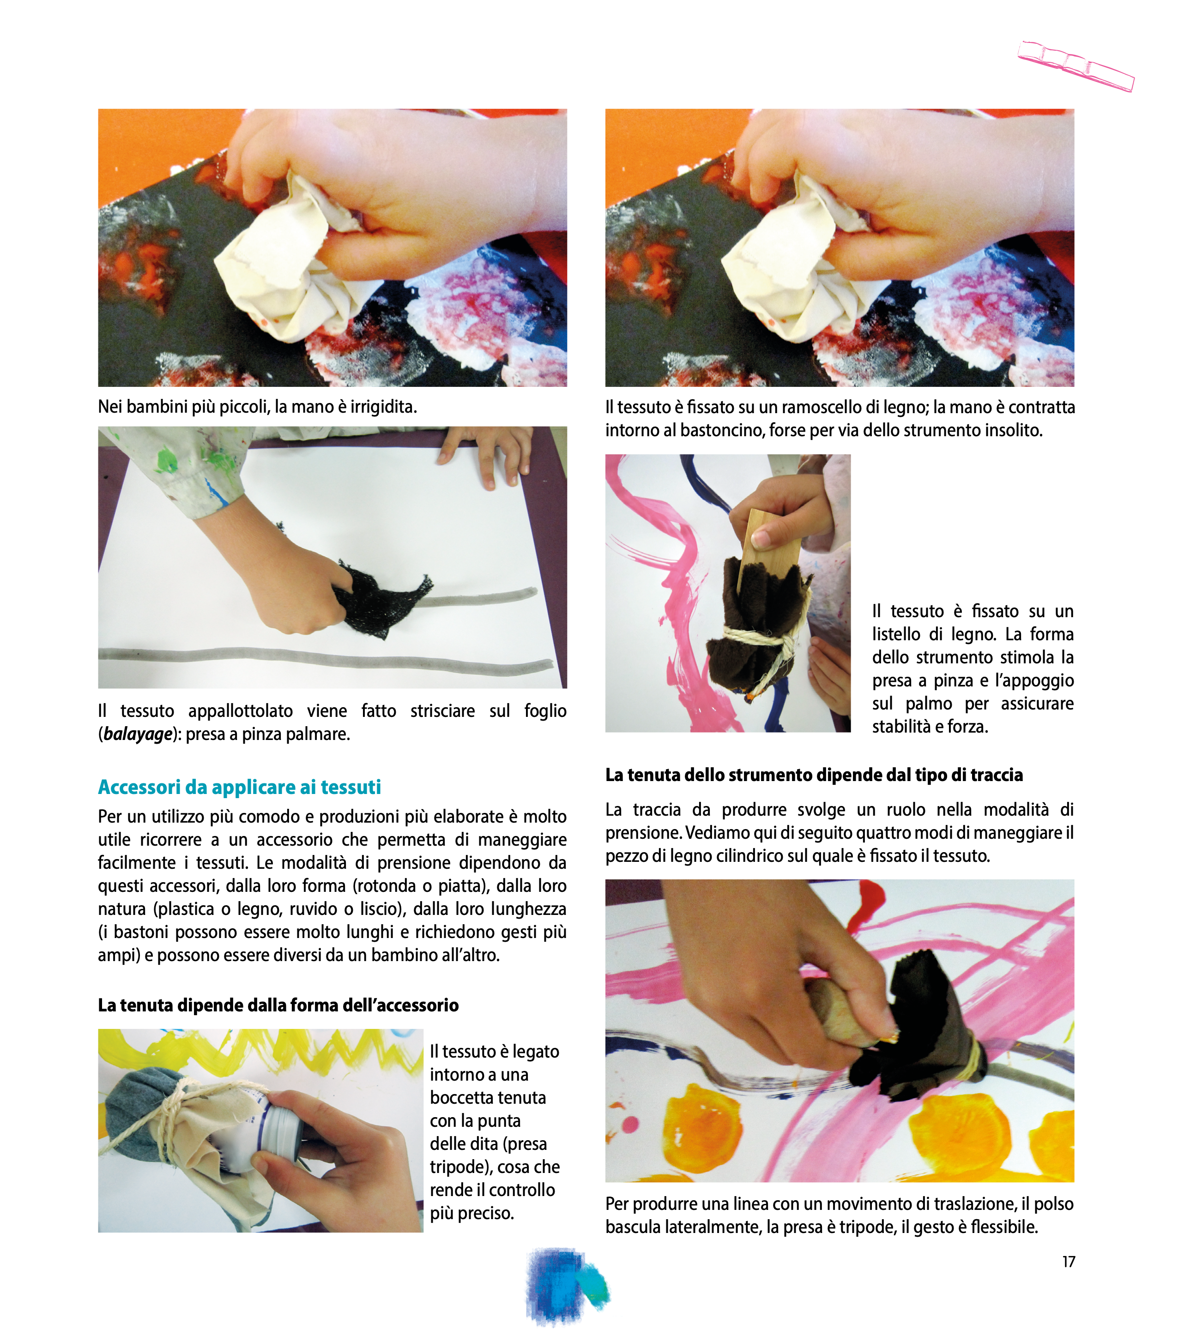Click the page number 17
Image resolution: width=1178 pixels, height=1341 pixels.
(1069, 1262)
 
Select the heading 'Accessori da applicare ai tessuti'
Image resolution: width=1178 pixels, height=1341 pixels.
(240, 787)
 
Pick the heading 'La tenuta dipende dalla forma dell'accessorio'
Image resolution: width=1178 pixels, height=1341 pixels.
(278, 1005)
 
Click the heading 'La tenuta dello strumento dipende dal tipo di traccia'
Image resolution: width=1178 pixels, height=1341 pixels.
(814, 775)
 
